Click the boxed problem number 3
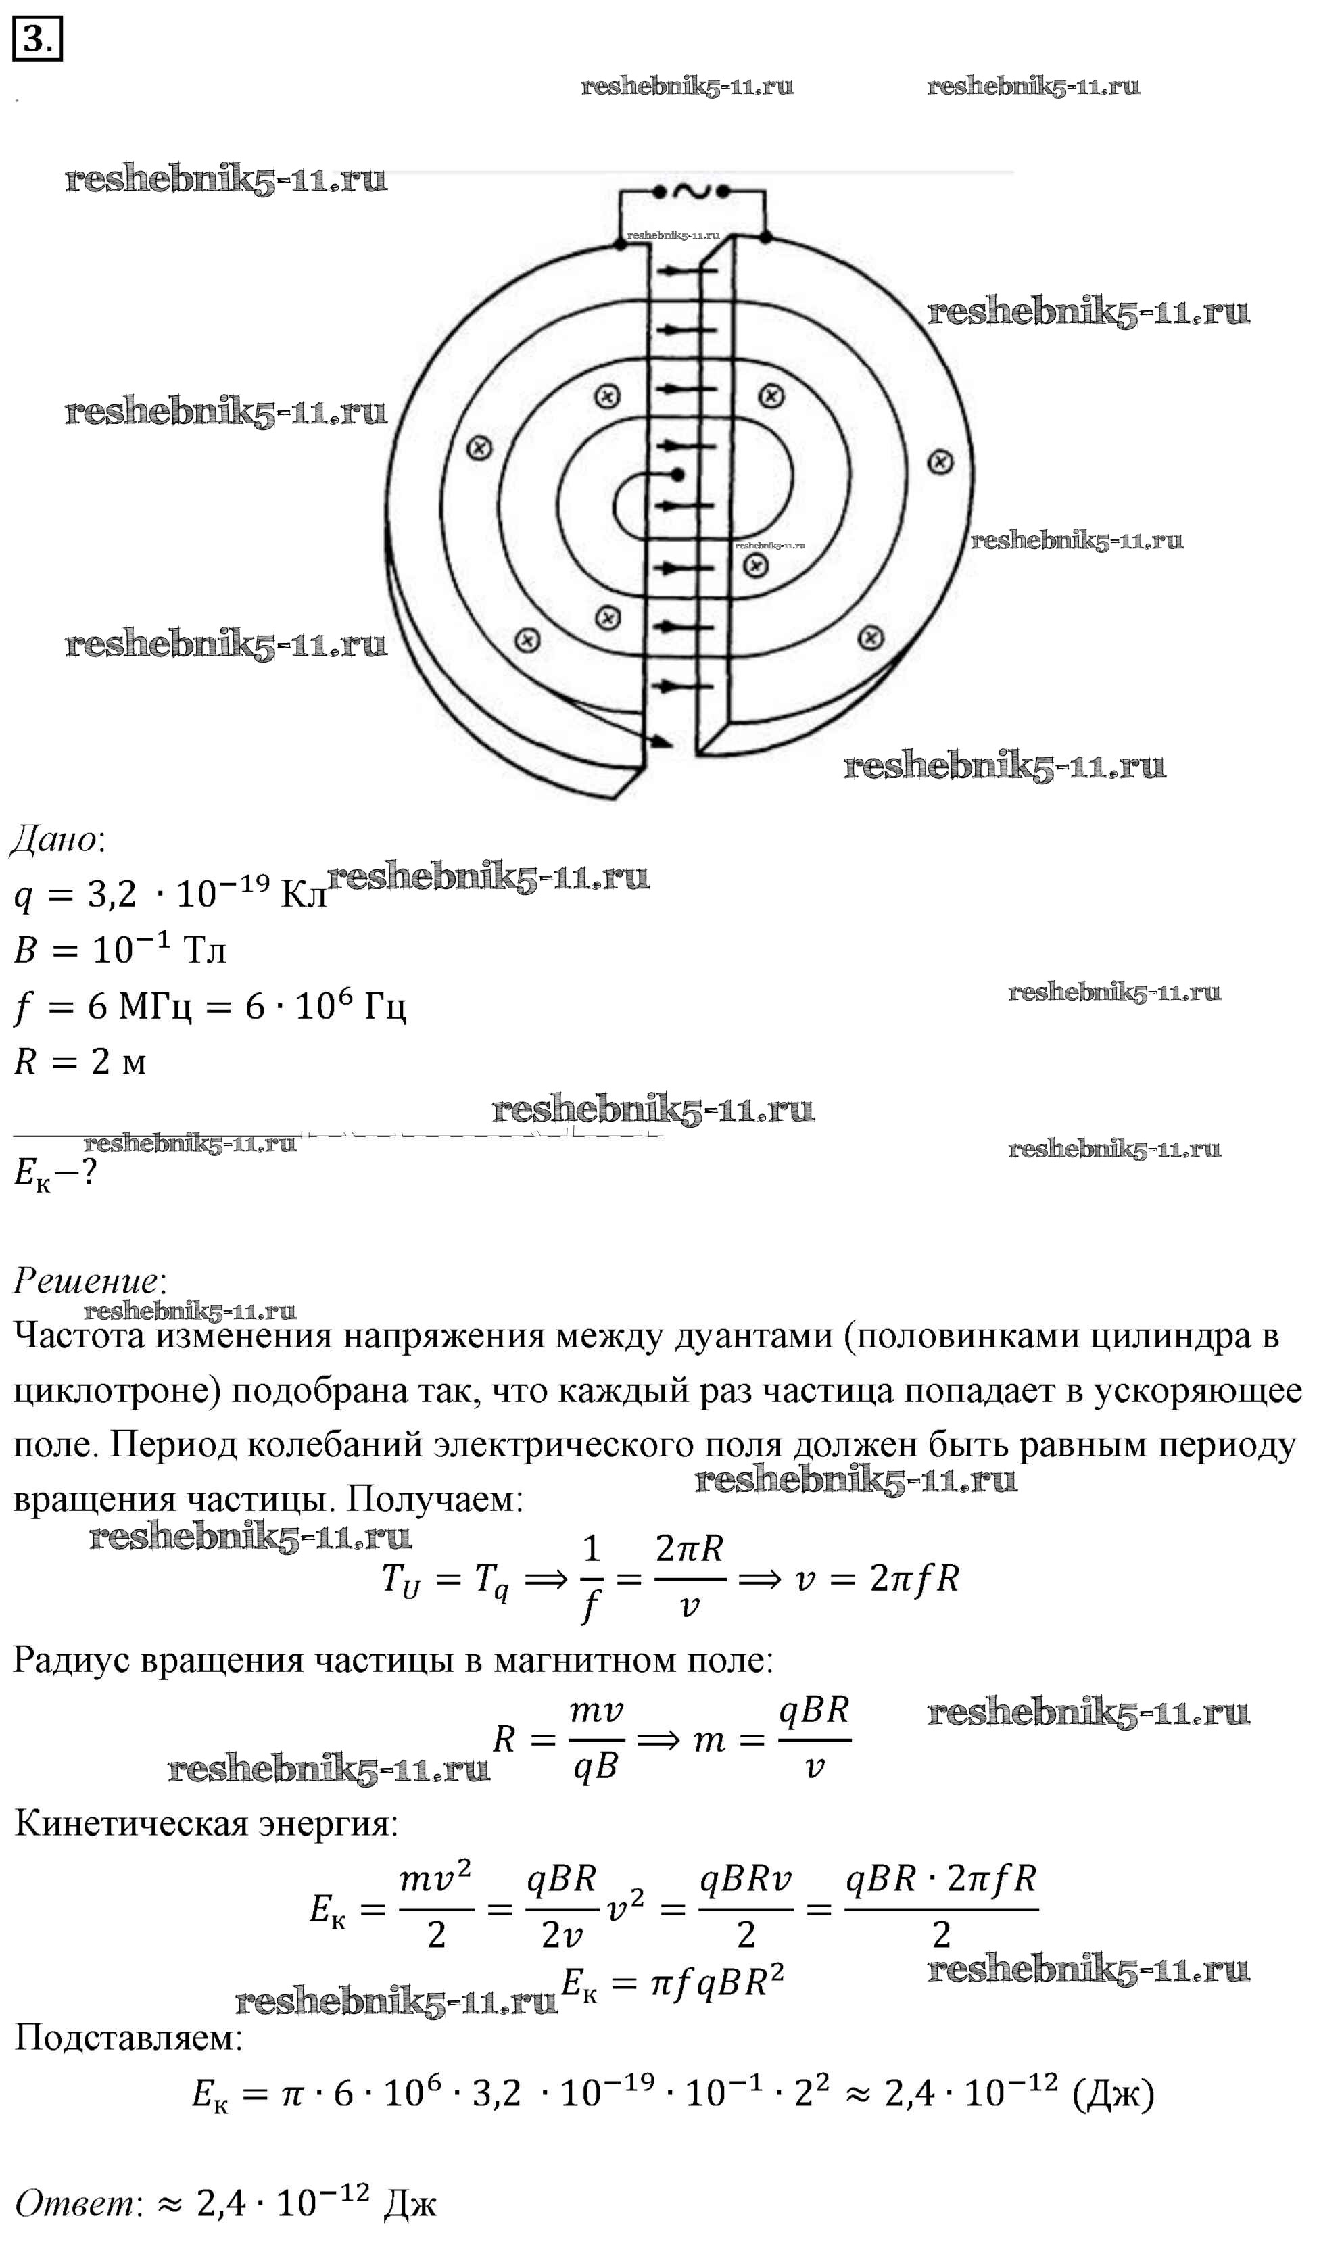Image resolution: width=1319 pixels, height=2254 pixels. point(37,39)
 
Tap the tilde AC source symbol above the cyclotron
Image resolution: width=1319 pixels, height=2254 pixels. point(691,191)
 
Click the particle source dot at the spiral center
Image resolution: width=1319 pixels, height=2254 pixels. point(678,474)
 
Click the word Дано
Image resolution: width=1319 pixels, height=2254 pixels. point(55,840)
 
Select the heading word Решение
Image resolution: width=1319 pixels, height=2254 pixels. point(86,1281)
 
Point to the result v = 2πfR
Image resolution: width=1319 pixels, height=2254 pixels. point(876,1579)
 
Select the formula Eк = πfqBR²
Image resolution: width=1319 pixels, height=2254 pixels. point(673,1984)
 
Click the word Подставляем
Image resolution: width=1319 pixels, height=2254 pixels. point(128,2038)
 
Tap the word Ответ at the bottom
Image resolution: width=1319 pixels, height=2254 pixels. point(73,2204)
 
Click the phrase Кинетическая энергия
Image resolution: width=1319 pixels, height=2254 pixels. point(205,1824)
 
